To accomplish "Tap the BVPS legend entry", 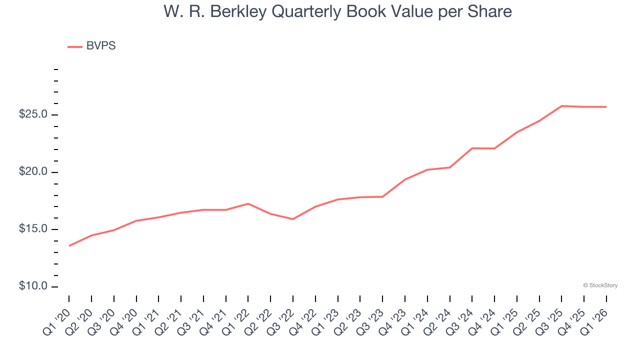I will [100, 46].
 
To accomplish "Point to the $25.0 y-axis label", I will [33, 114].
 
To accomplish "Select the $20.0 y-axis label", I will [33, 172].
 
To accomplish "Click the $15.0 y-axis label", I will [33, 229].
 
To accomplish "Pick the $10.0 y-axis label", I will [33, 286].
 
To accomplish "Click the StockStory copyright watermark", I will [600, 285].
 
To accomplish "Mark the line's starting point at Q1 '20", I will [69, 245].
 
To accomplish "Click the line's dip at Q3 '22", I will [293, 219].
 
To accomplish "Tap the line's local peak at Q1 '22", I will [248, 203].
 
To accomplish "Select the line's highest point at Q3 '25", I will [562, 106].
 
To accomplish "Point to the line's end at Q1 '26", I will [606, 107].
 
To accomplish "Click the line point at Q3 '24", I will [472, 148].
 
